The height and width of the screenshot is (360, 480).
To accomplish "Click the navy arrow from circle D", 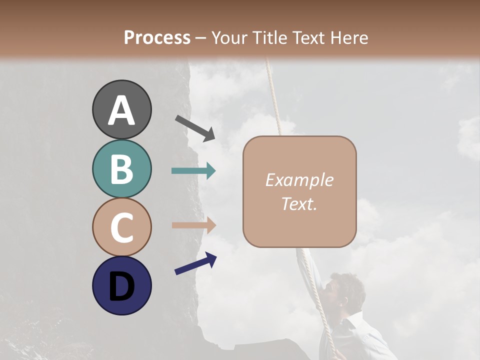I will (x=195, y=263).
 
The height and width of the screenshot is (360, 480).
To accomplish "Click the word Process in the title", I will (x=157, y=37).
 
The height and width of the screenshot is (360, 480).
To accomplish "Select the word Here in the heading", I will (x=349, y=37).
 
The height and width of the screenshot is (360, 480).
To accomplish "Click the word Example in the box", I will (x=299, y=180).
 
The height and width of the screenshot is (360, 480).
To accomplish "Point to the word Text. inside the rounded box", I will (x=299, y=203).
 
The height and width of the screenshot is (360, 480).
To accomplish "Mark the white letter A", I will (x=121, y=110).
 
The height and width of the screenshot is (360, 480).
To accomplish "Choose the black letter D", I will (x=121, y=286).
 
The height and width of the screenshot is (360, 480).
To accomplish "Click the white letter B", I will (x=121, y=169).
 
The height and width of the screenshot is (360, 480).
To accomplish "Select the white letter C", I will (x=121, y=227).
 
